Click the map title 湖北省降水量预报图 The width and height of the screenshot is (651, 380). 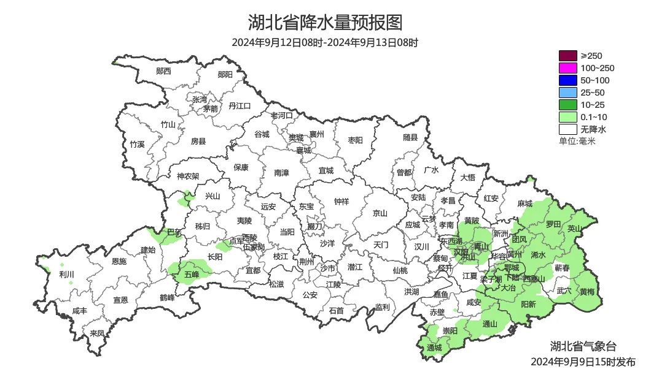click(325, 23)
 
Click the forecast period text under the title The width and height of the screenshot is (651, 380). click(325, 43)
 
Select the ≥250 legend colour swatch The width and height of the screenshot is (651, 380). click(567, 56)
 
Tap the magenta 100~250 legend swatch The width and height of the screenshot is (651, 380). click(567, 68)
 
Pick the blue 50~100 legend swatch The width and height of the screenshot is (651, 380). click(567, 80)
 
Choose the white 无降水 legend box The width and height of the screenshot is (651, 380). click(567, 129)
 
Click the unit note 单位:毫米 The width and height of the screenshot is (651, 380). click(577, 141)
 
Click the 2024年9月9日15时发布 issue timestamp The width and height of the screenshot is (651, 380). click(583, 362)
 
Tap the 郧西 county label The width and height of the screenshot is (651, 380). click(163, 71)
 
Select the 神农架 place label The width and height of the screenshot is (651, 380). click(188, 176)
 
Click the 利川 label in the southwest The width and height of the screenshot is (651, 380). click(66, 274)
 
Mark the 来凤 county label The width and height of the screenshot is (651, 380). click(97, 333)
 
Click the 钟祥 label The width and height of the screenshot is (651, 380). click(341, 201)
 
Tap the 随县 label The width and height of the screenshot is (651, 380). click(410, 138)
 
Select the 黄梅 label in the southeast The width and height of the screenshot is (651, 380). click(587, 292)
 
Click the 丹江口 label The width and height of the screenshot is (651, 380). click(240, 105)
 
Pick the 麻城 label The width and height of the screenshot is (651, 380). click(524, 203)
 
